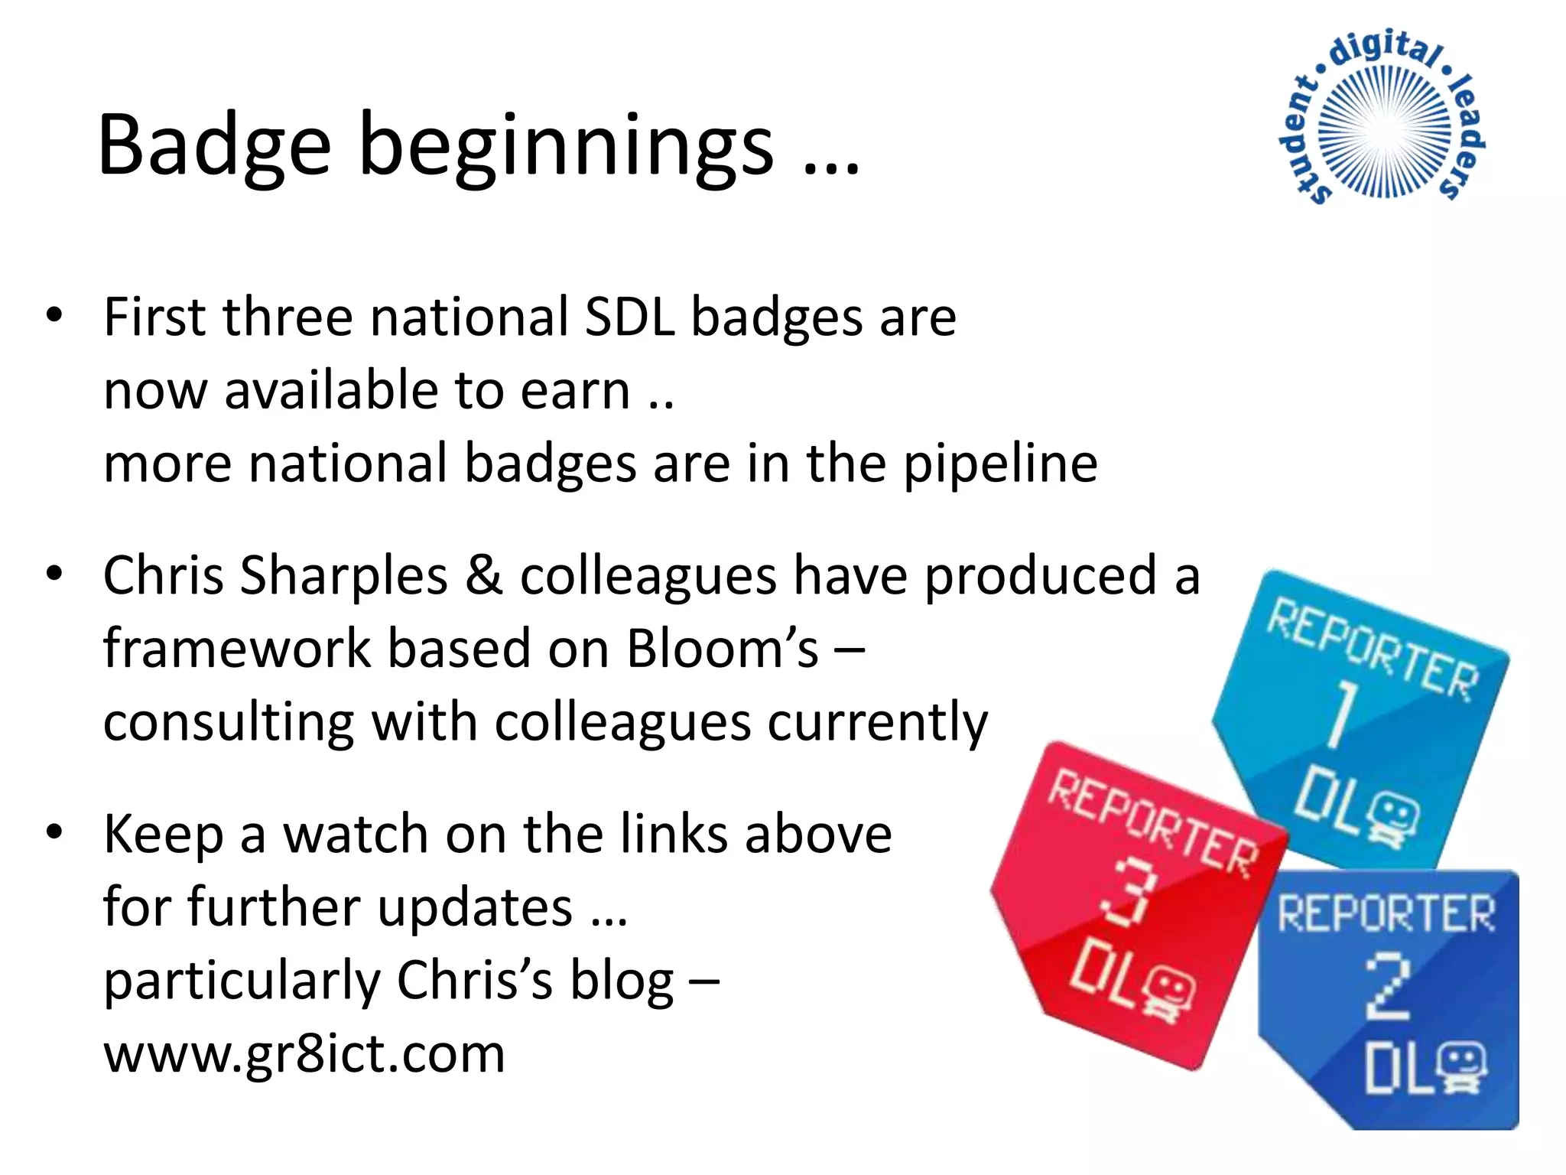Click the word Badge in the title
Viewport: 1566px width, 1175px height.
(x=214, y=145)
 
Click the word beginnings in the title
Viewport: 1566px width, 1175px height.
(x=566, y=149)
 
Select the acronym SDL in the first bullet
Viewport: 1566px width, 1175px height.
(x=629, y=317)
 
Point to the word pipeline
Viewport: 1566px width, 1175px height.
(x=1000, y=465)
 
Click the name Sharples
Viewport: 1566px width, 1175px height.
(x=343, y=575)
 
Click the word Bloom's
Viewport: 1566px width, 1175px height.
(x=722, y=649)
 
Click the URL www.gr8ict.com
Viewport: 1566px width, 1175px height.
(x=304, y=1054)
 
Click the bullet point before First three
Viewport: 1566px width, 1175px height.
(x=54, y=315)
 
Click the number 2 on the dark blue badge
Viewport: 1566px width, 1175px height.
(x=1387, y=987)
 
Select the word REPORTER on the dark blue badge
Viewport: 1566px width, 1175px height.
(x=1386, y=913)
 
